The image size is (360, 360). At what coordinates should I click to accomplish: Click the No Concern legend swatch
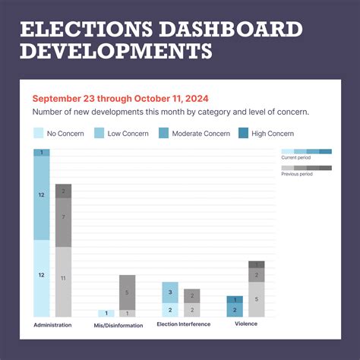(38, 134)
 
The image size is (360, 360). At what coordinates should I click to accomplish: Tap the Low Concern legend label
(127, 134)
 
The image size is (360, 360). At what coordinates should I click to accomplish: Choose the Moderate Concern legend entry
(199, 134)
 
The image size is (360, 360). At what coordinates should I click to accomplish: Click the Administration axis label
(52, 324)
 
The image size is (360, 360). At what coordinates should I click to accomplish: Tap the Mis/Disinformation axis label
(116, 324)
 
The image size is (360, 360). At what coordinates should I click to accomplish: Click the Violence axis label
(245, 324)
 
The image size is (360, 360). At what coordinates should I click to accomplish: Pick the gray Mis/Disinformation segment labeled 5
(128, 292)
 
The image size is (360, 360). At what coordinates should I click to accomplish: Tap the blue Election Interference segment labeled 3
(170, 292)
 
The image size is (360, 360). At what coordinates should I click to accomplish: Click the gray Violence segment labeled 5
(256, 299)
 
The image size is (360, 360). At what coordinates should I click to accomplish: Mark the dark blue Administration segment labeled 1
(42, 153)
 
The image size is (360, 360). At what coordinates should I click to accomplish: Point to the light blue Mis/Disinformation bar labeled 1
(106, 313)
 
